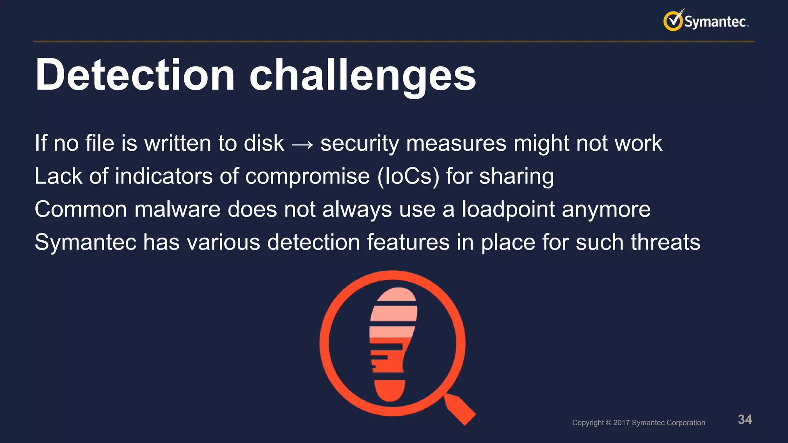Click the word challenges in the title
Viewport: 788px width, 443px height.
tap(362, 75)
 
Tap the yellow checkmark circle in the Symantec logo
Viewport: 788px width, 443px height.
tap(673, 21)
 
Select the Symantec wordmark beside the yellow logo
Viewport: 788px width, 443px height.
tap(716, 22)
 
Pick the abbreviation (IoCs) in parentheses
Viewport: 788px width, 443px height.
tap(408, 177)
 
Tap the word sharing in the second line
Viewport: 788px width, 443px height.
tap(516, 177)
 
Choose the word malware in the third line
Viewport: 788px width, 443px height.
tap(177, 210)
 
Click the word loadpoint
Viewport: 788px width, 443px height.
tap(508, 210)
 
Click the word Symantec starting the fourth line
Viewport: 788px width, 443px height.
tap(85, 243)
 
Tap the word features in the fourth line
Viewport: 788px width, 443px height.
tap(408, 242)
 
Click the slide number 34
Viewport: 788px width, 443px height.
tap(745, 420)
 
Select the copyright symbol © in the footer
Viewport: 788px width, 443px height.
tap(608, 423)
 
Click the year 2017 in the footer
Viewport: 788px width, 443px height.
tap(621, 423)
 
